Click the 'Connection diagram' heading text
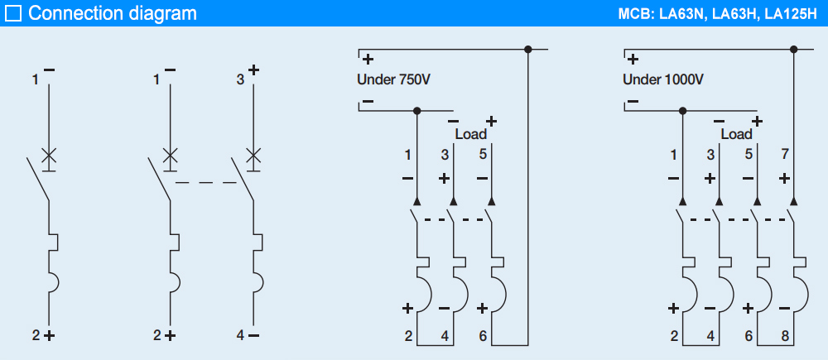coord(113,13)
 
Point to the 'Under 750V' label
coord(393,80)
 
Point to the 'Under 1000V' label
coord(662,80)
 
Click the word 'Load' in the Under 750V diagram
coord(470,134)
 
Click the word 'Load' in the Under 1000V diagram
coord(736,134)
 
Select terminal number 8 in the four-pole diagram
coord(785,336)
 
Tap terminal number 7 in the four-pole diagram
coord(785,154)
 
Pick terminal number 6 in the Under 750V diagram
coord(482,336)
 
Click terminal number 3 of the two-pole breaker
coord(240,80)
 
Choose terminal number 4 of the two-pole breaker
coord(240,336)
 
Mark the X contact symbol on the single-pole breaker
coord(49,155)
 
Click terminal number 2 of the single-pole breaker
coord(36,336)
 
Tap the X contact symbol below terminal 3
coord(254,155)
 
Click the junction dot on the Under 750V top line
coord(527,50)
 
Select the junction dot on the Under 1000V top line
coord(793,50)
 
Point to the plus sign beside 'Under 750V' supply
coord(368,60)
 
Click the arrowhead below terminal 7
coord(793,201)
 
